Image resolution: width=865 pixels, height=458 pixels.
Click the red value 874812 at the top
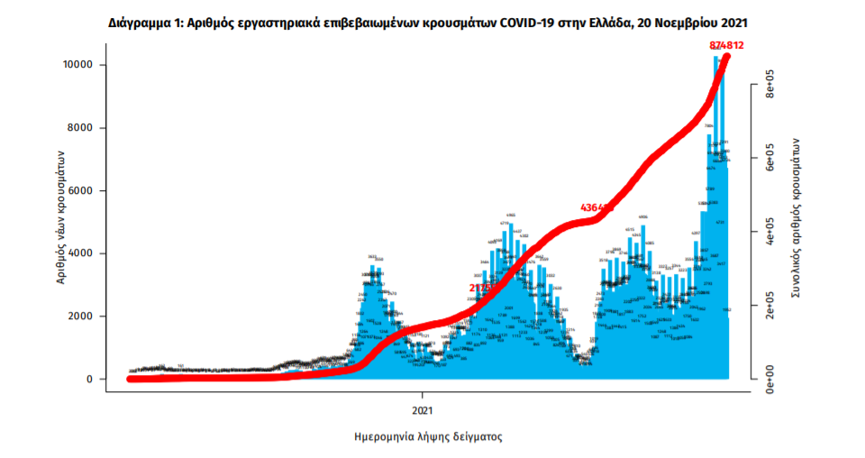pos(727,45)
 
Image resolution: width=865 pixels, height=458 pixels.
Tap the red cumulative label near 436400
pos(596,208)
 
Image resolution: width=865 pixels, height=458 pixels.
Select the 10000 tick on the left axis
pos(78,65)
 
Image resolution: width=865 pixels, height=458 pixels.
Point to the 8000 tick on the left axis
pos(81,128)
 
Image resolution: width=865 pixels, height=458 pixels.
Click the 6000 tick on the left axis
pos(81,191)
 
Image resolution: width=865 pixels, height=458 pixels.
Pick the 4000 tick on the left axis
pos(81,253)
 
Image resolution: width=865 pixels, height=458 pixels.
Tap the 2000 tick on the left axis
pos(81,316)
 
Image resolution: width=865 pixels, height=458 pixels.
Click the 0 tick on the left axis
pos(90,380)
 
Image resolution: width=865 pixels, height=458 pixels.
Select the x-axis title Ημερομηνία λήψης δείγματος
pos(428,436)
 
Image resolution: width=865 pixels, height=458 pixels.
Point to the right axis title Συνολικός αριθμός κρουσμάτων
pos(797,219)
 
